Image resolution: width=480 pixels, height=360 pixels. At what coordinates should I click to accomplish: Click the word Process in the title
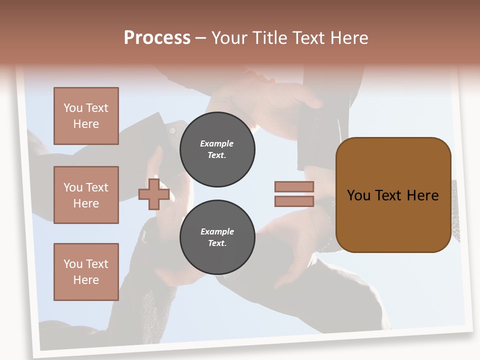tap(157, 38)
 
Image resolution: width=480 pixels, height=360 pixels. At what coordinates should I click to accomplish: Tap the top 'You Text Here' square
tap(86, 116)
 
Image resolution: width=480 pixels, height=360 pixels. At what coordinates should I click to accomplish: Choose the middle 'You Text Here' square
tap(86, 195)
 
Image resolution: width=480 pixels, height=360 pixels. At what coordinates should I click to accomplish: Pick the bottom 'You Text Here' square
tap(86, 272)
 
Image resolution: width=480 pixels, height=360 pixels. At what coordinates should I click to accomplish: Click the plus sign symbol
tap(153, 194)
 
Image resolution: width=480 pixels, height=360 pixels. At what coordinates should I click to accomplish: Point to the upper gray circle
tap(217, 149)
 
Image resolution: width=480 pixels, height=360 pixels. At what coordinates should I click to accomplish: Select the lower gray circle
tap(217, 237)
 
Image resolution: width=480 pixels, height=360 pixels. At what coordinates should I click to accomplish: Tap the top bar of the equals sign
tap(294, 186)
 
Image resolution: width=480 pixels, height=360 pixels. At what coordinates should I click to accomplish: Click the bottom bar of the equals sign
tap(294, 201)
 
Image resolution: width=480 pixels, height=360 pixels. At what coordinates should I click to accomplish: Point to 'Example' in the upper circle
tap(217, 143)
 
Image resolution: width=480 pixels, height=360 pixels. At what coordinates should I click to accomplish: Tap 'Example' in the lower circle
tap(217, 231)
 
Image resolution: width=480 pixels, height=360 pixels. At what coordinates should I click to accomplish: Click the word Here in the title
tap(350, 38)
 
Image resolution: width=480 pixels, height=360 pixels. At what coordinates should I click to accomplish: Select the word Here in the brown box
tap(422, 195)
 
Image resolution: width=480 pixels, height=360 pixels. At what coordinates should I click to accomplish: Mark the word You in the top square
tap(73, 108)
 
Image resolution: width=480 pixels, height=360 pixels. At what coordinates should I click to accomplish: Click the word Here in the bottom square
tap(86, 280)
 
